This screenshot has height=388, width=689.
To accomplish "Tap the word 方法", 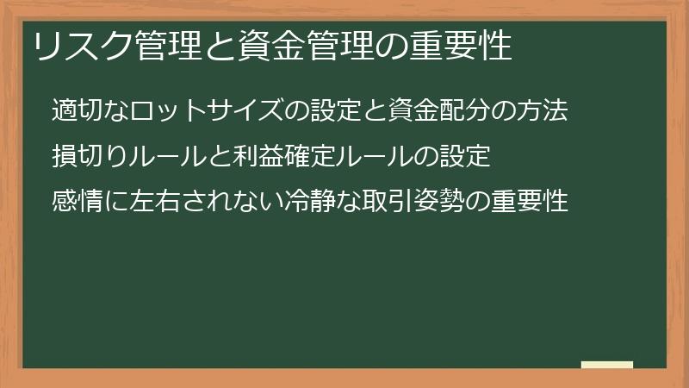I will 545,111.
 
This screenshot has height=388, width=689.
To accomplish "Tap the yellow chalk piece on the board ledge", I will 607,365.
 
